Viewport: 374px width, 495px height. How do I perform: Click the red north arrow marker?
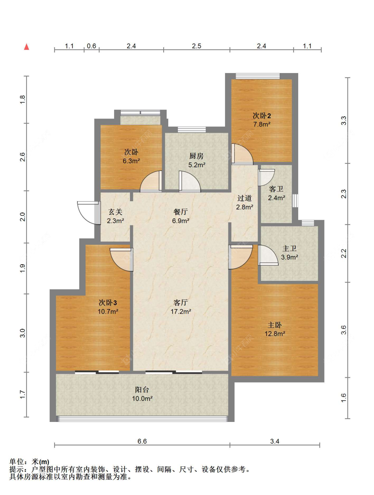point(27,47)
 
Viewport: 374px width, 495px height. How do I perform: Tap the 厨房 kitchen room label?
point(196,156)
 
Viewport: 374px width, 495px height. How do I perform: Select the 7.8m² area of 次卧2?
point(262,124)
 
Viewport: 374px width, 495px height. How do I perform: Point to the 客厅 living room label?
point(181,302)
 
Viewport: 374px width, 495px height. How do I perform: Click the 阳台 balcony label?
point(142,389)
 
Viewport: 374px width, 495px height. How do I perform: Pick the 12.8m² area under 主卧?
point(275,334)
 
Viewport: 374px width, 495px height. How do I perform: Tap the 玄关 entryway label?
point(115,212)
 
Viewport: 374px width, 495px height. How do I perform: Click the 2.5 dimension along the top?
point(196,46)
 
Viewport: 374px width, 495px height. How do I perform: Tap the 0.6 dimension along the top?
point(91,46)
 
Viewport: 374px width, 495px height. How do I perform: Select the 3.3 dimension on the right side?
point(343,121)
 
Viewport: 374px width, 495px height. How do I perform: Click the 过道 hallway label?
point(244,198)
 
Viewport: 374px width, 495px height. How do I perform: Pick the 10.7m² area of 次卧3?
point(108,311)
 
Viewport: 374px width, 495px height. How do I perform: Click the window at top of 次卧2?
point(258,76)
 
